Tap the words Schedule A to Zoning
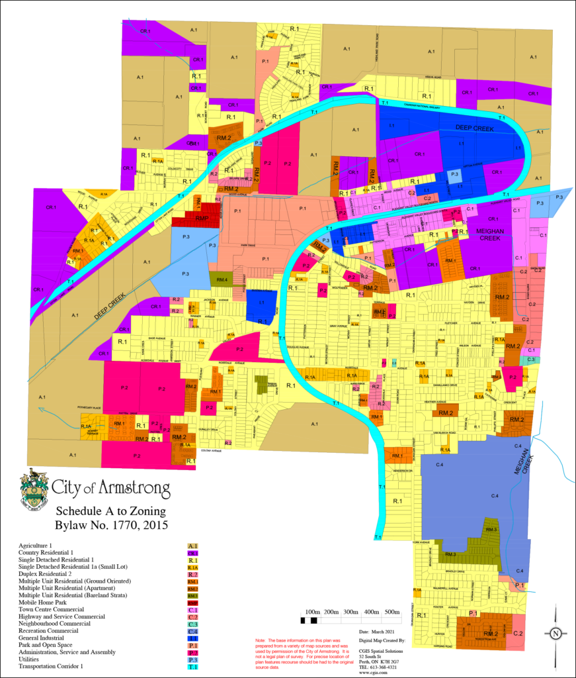click(110, 512)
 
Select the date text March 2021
click(375, 633)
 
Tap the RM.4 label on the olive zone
click(221, 280)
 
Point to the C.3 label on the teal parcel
click(531, 360)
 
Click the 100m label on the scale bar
click(312, 612)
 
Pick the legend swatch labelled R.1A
click(193, 567)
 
